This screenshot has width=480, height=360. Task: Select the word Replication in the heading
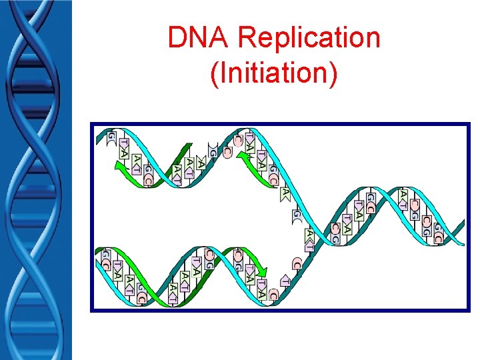[x=309, y=38]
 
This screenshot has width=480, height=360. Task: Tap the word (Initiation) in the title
[x=273, y=72]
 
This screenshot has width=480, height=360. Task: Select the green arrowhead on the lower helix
[x=261, y=272]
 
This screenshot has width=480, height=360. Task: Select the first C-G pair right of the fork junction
[x=335, y=231]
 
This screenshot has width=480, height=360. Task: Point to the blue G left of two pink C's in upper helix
[x=212, y=151]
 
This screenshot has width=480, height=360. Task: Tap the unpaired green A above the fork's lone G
[x=285, y=193]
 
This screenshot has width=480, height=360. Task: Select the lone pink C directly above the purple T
[x=297, y=264]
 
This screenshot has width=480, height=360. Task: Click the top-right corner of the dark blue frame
[x=468, y=124]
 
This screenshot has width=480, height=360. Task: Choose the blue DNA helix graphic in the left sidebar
[x=35, y=180]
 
